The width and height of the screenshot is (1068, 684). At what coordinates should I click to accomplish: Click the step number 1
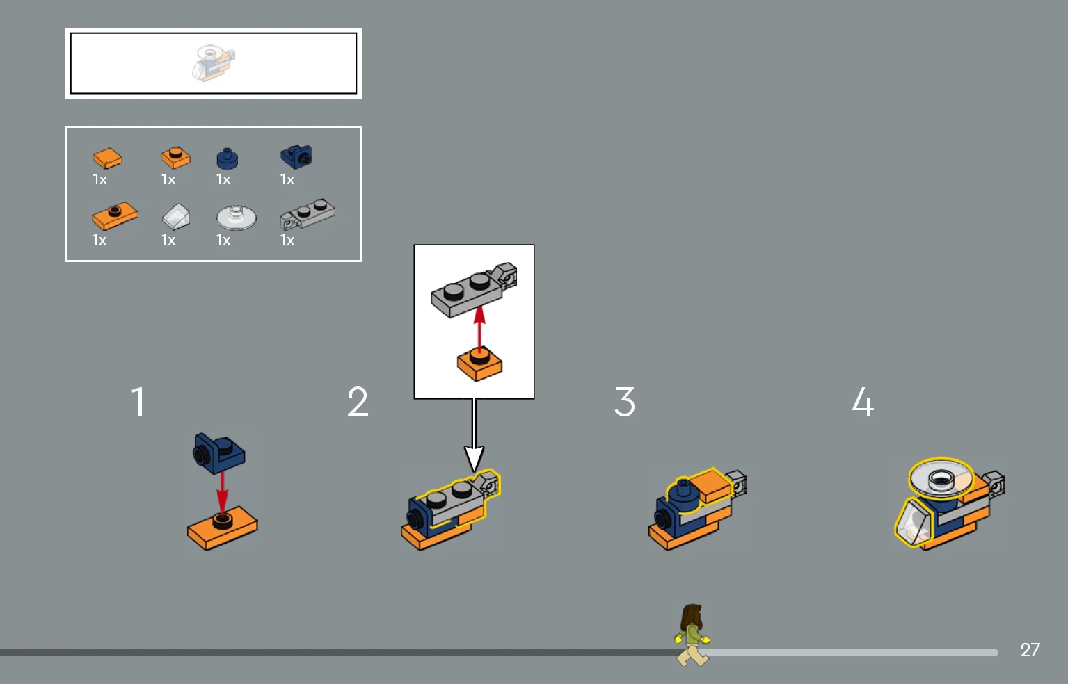[x=138, y=402]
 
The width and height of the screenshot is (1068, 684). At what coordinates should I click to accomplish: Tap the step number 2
[x=358, y=402]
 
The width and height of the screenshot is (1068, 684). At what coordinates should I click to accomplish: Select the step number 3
[x=625, y=402]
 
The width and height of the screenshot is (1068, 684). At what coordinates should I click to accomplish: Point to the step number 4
[x=863, y=402]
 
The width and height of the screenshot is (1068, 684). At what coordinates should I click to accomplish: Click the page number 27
[x=1030, y=650]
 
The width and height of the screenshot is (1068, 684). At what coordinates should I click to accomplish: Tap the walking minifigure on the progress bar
[x=692, y=635]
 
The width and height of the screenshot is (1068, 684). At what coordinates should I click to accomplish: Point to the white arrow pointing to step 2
[x=475, y=434]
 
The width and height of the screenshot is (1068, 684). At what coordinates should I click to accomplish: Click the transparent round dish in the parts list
[x=236, y=217]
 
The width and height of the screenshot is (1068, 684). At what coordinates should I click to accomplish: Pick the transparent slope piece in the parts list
[x=176, y=217]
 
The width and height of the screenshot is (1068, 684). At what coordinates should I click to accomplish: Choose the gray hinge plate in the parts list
[x=308, y=214]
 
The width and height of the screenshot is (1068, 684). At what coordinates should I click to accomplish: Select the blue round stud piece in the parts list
[x=228, y=158]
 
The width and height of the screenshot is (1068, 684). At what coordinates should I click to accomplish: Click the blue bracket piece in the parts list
[x=296, y=156]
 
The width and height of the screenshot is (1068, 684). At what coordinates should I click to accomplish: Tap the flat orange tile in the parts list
[x=107, y=158]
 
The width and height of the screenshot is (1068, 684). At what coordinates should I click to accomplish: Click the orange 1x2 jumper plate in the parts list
[x=114, y=215]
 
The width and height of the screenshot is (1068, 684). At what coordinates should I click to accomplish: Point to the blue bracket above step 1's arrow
[x=219, y=453]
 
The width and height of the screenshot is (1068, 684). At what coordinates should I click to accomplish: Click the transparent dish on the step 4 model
[x=941, y=478]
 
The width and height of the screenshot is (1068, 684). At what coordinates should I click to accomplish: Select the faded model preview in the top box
[x=213, y=63]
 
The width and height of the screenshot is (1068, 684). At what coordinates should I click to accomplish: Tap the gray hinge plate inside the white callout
[x=474, y=289]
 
